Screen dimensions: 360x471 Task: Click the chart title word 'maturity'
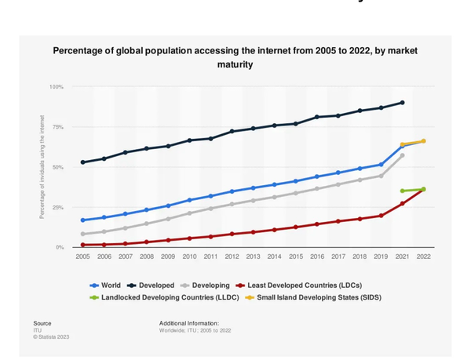[x=235, y=64]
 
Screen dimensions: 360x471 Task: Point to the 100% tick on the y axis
[x=56, y=86]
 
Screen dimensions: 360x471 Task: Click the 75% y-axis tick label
[x=57, y=126]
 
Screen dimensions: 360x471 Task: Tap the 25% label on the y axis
[x=57, y=207]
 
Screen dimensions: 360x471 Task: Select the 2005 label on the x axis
[x=82, y=256]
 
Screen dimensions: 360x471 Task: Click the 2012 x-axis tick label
[x=232, y=256]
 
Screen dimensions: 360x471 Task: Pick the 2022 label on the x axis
[x=424, y=256]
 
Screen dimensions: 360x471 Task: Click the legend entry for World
[x=106, y=285]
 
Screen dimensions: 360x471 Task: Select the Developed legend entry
[x=154, y=285]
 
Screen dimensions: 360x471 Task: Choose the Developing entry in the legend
[x=208, y=285]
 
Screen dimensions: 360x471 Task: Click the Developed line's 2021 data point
[x=403, y=103]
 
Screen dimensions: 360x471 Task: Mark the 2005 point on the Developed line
[x=82, y=162]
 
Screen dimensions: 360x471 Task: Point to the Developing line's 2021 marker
[x=403, y=155]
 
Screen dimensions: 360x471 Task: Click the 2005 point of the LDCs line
[x=82, y=245]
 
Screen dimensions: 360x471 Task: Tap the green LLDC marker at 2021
[x=403, y=191]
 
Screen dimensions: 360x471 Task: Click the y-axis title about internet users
[x=42, y=167]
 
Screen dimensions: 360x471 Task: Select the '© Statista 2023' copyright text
[x=51, y=336]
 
